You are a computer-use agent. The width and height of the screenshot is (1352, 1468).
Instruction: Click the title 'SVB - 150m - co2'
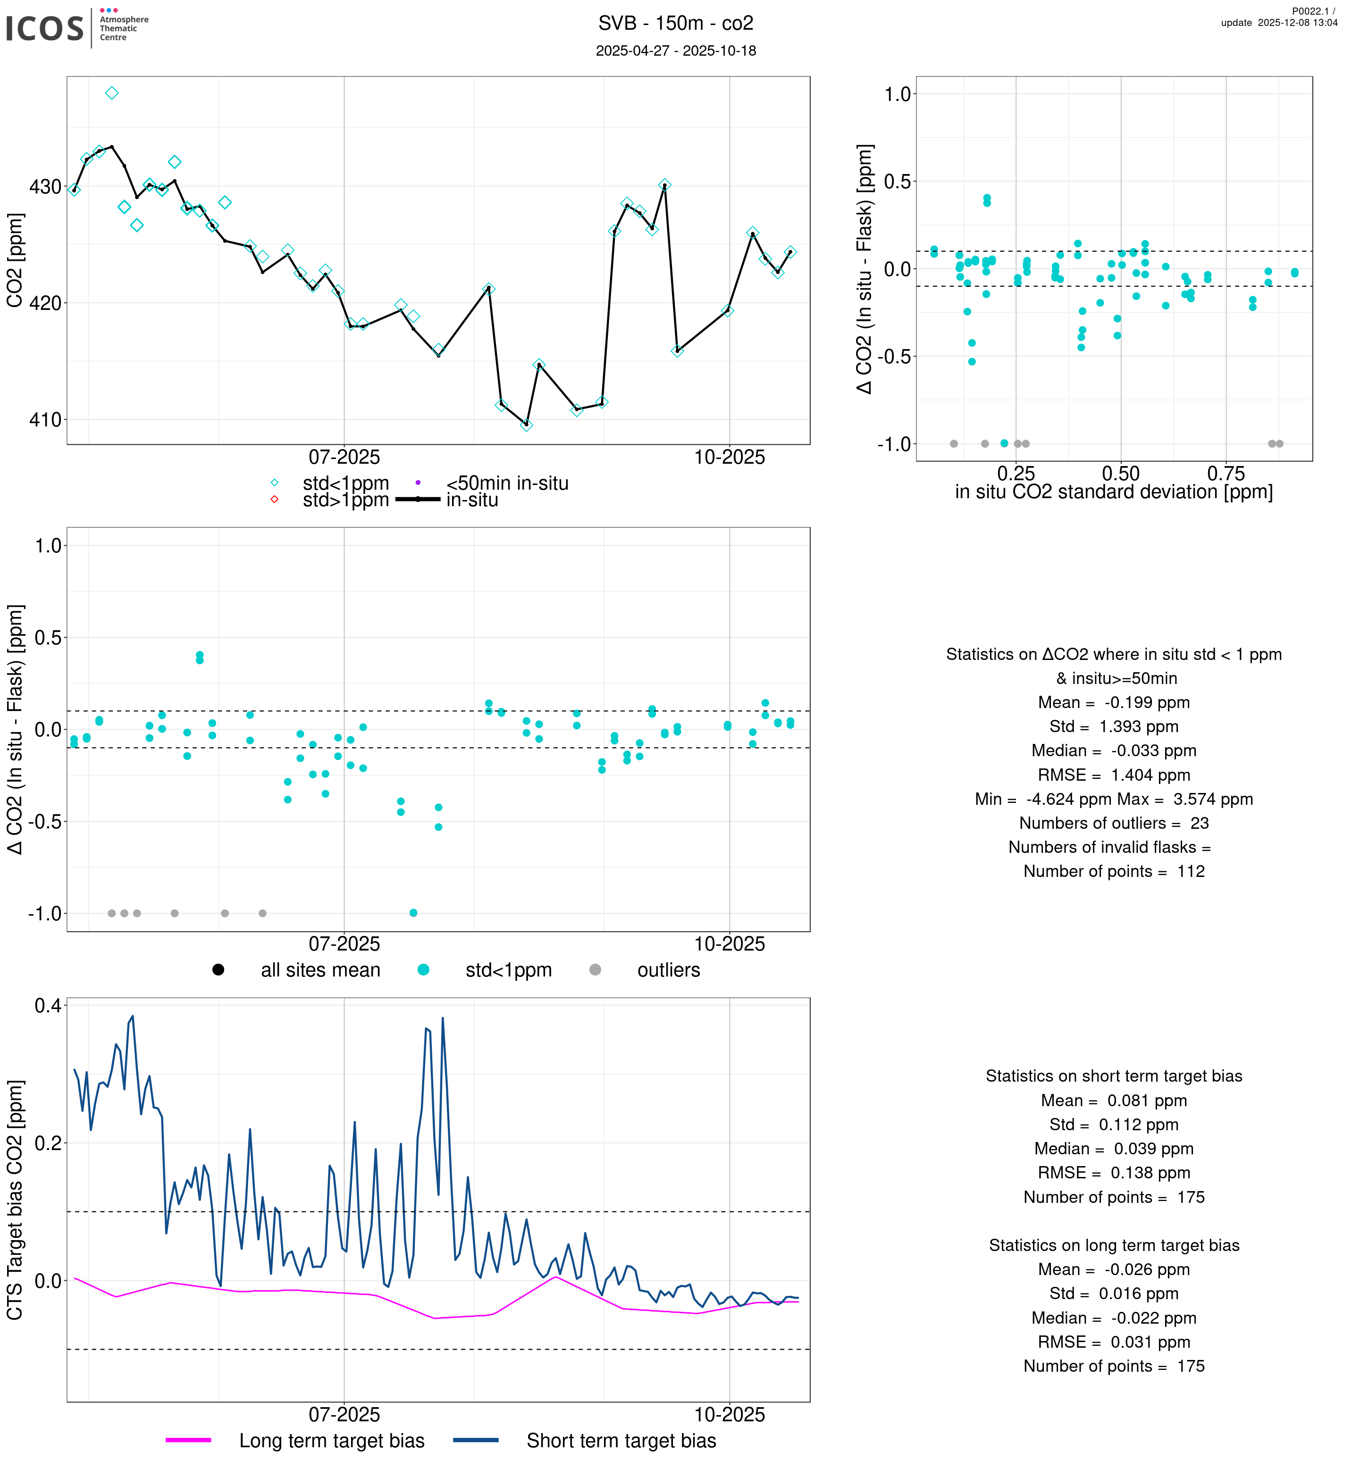tap(675, 24)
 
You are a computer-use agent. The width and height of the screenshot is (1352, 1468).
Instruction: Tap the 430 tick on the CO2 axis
tap(45, 187)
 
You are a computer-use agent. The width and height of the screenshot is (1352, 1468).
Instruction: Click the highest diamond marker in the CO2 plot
tap(112, 93)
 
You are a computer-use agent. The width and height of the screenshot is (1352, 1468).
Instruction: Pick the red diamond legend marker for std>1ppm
tap(274, 500)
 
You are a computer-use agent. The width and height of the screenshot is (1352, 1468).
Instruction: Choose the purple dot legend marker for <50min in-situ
tap(418, 483)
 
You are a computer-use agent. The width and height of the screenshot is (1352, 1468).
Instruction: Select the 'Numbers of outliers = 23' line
tap(1114, 824)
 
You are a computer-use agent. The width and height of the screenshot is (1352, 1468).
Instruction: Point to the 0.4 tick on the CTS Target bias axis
tap(48, 1006)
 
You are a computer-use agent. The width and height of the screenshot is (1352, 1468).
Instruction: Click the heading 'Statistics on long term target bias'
tap(1114, 1246)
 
